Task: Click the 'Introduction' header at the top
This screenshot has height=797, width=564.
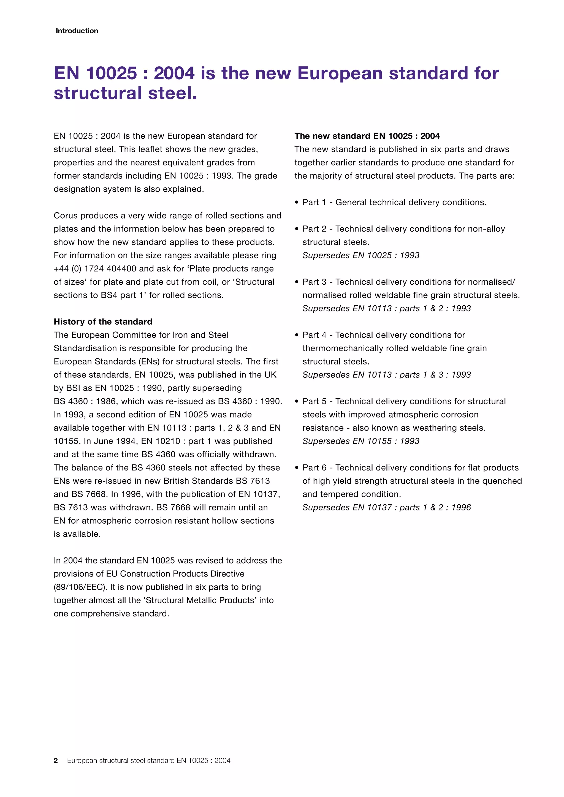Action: (x=77, y=31)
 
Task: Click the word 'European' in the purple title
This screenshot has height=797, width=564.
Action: (x=340, y=73)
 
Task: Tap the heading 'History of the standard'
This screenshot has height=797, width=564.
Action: (x=103, y=322)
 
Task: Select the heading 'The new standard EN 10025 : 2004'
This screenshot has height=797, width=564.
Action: (x=367, y=136)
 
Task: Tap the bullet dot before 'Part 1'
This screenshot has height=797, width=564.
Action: (x=297, y=202)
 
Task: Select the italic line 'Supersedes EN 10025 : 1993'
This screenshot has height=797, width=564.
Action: (x=360, y=255)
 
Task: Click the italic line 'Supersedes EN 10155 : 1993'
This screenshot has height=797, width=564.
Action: (x=360, y=441)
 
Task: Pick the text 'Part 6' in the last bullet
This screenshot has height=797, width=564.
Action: (x=314, y=467)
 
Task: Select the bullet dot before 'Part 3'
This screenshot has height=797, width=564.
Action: (x=297, y=282)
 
